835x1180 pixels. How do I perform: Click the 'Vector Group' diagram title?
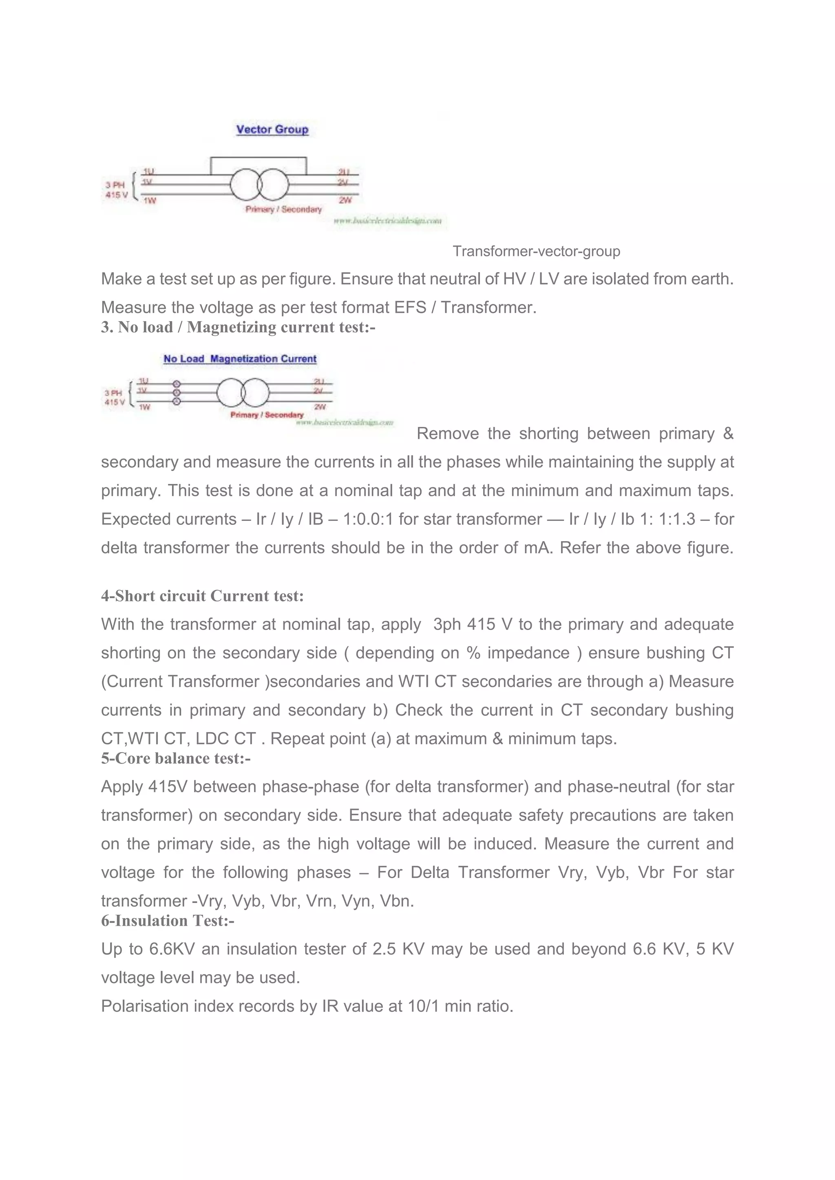[272, 130]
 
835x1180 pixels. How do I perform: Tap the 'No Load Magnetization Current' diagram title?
[240, 359]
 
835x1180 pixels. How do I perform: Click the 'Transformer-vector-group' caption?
[536, 251]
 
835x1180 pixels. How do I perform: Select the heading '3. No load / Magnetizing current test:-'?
[238, 327]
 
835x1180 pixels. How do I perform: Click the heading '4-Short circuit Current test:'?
[203, 596]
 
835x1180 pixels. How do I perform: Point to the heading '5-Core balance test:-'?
[176, 759]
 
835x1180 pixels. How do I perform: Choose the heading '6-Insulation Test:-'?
[168, 921]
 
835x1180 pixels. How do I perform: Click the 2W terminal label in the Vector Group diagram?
[345, 200]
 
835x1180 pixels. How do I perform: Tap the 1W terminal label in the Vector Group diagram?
[150, 200]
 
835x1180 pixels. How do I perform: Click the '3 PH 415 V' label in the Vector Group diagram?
[116, 189]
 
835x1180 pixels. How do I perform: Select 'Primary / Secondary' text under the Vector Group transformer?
[283, 209]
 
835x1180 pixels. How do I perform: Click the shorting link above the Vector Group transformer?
[258, 158]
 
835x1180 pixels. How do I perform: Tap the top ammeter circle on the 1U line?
[177, 384]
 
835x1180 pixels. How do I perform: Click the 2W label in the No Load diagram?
[320, 407]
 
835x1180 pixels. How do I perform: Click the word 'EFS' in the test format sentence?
[410, 307]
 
